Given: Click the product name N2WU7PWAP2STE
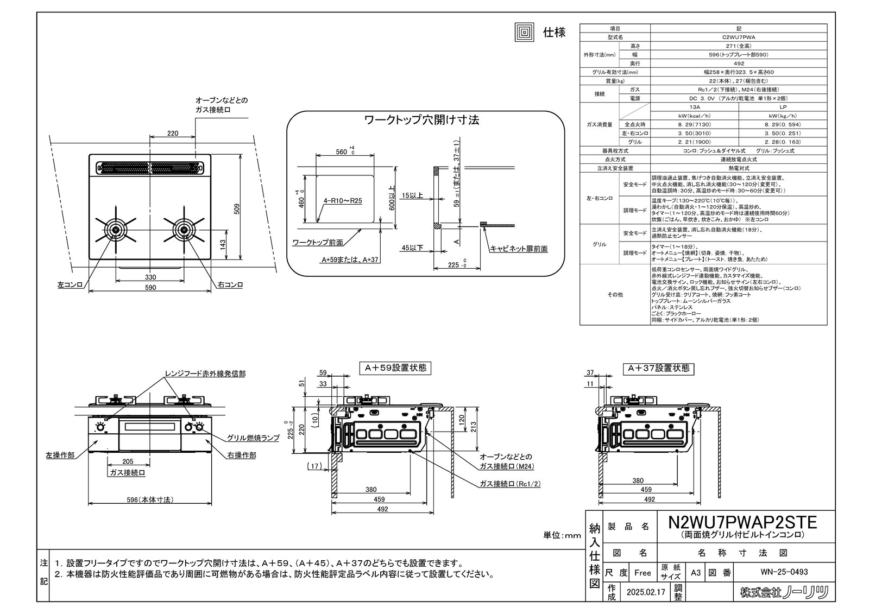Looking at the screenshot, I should (742, 522).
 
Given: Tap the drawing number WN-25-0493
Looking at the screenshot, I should (784, 572).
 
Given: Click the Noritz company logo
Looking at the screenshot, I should (784, 592).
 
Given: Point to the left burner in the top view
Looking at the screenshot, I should (115, 230).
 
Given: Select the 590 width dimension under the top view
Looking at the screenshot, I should (150, 288).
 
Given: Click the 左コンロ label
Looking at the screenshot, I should (70, 284).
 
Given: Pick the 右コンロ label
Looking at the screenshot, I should (230, 284).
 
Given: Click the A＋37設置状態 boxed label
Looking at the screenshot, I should (659, 368).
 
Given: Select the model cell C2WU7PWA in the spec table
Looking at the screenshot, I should (739, 37).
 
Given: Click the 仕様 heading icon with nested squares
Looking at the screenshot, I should (524, 33).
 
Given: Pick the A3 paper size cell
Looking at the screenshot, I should (696, 572).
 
